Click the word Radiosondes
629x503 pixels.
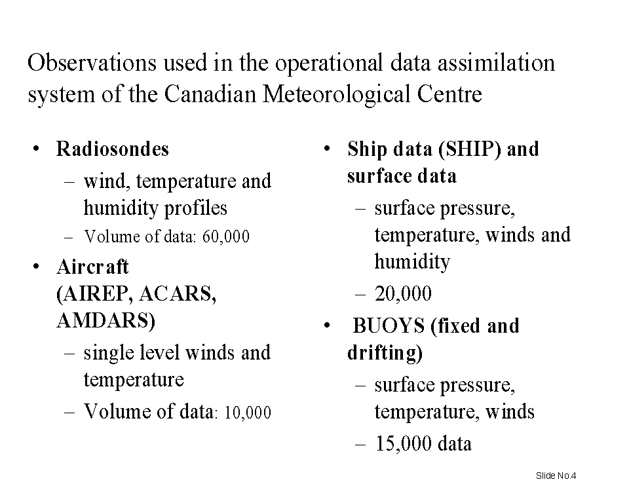[x=112, y=149]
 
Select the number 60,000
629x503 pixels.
[x=226, y=236]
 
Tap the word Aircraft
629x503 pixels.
[x=92, y=267]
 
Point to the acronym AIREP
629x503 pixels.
[x=94, y=294]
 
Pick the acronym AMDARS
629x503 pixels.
[x=106, y=320]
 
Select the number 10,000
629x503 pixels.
[x=248, y=413]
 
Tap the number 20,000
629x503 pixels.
[x=403, y=293]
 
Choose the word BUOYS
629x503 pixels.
[x=389, y=326]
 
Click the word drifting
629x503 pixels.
[x=385, y=353]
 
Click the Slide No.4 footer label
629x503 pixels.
[x=556, y=475]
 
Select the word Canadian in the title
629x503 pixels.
[x=210, y=94]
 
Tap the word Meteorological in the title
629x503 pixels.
[x=336, y=95]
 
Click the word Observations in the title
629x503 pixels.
[x=92, y=63]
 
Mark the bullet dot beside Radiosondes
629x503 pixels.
[x=37, y=149]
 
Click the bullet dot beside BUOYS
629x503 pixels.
[x=327, y=326]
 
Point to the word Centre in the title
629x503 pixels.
[x=449, y=94]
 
